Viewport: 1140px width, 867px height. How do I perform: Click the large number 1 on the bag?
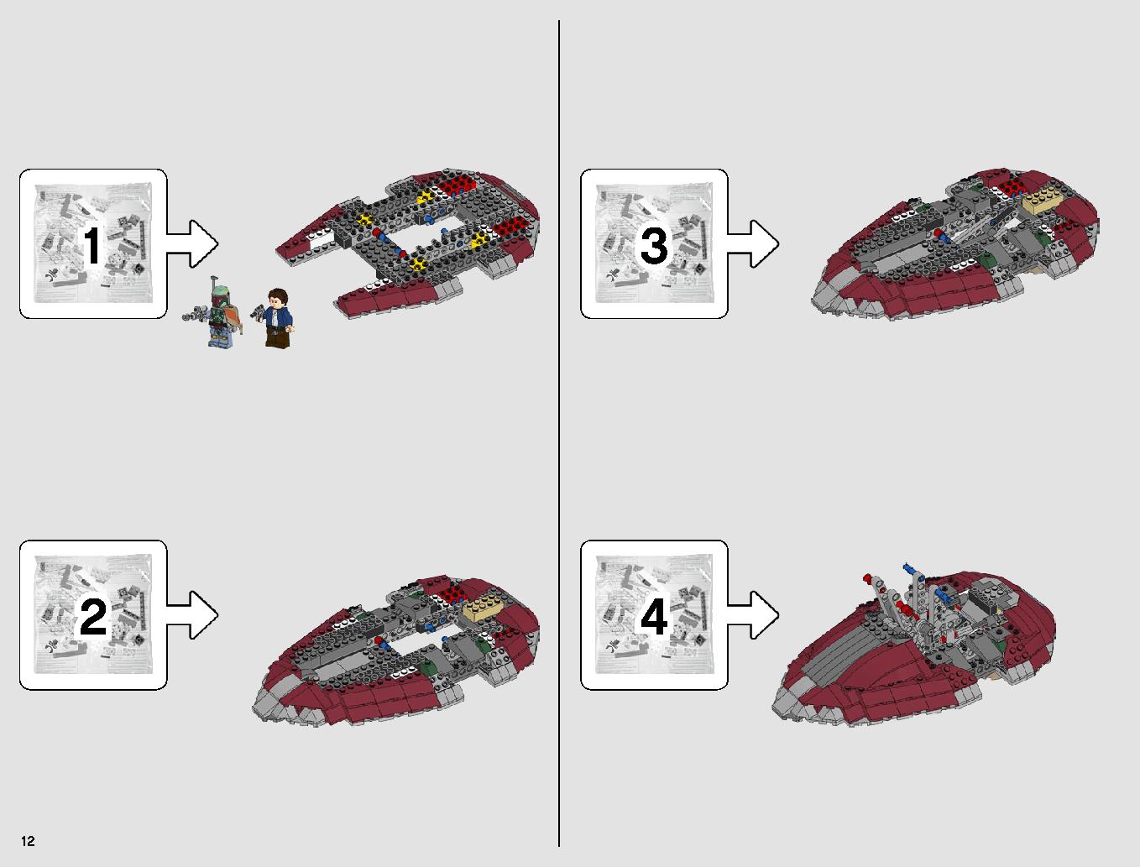92,246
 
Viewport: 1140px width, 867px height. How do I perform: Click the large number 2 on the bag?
93,616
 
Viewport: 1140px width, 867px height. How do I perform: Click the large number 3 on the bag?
654,246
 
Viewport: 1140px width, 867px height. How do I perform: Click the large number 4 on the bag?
655,616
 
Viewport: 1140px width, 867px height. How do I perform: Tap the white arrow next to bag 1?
193,244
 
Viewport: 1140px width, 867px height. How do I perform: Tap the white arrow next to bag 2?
193,614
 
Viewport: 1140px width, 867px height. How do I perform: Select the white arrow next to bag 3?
753,244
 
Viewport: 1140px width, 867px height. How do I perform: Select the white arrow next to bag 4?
753,614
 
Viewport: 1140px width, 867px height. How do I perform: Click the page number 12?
28,841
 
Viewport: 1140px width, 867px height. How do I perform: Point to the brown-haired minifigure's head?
276,299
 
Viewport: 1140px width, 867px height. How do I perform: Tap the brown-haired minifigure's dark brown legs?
277,337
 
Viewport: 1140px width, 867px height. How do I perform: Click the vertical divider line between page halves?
559,433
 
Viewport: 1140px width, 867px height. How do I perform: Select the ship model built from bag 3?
954,244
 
